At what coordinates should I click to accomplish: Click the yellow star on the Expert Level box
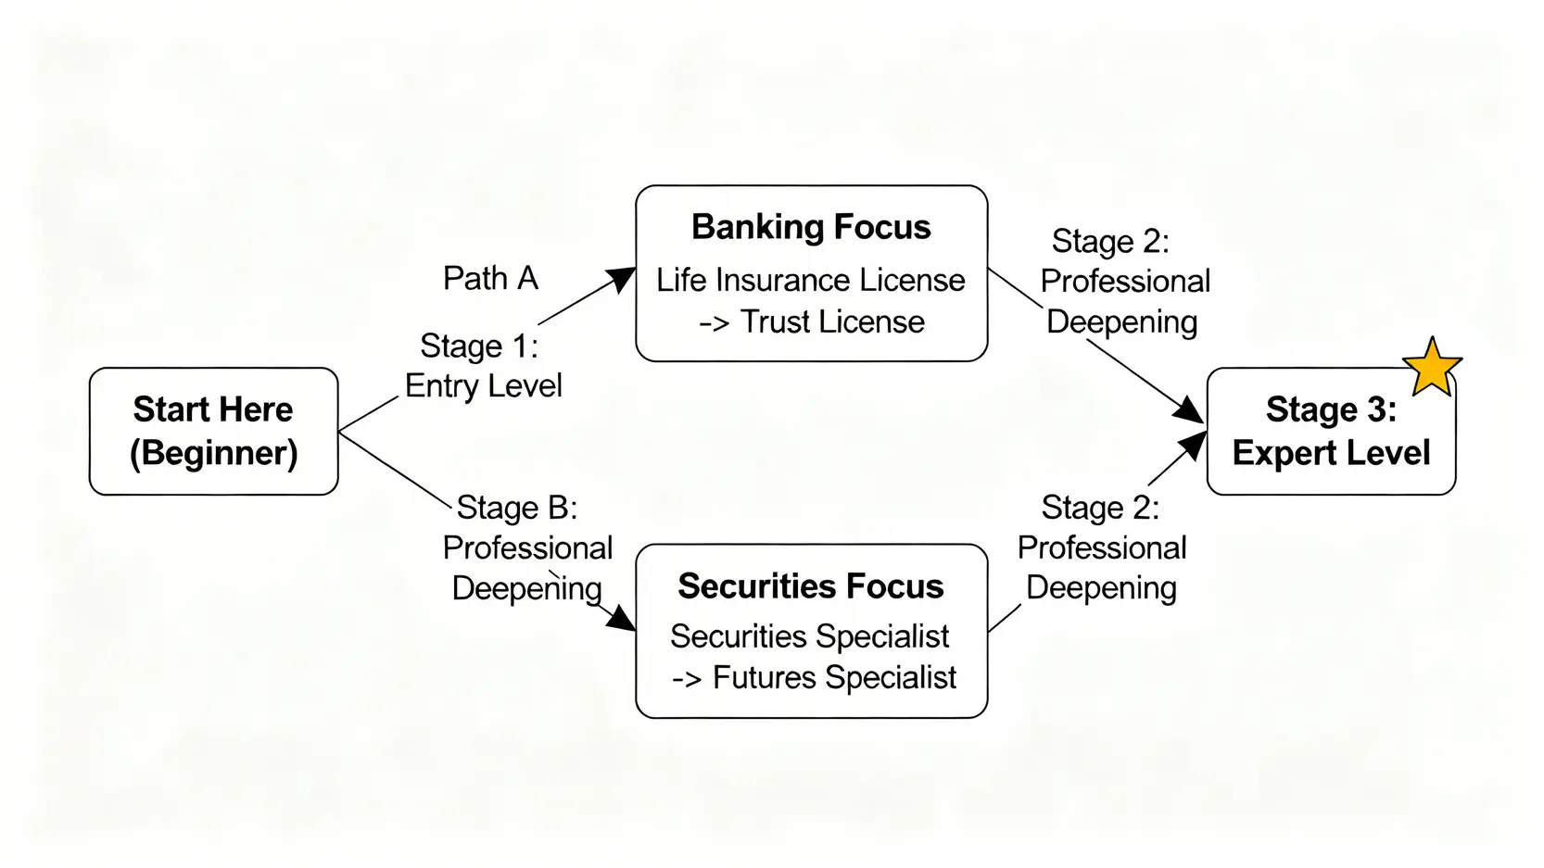(1432, 367)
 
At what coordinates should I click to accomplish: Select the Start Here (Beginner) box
(213, 431)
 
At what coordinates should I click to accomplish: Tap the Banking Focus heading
(811, 227)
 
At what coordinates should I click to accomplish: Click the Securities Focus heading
(810, 586)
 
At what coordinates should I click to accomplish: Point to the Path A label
(490, 278)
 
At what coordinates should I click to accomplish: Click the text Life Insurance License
(811, 280)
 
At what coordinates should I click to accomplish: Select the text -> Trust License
(811, 321)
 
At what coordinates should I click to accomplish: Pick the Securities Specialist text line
(809, 636)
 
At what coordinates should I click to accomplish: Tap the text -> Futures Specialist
(814, 677)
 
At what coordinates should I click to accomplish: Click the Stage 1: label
(478, 346)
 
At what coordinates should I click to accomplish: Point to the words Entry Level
(483, 385)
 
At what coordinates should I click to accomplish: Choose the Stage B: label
(516, 508)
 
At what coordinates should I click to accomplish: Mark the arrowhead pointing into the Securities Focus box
(622, 619)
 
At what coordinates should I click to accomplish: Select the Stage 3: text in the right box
(1331, 409)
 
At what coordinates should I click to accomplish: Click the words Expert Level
(1331, 453)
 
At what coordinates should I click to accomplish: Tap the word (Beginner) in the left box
(213, 453)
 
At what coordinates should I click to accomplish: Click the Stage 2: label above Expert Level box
(1110, 241)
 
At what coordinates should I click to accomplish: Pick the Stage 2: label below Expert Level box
(1100, 508)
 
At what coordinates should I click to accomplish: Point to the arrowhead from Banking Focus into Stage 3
(1189, 410)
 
